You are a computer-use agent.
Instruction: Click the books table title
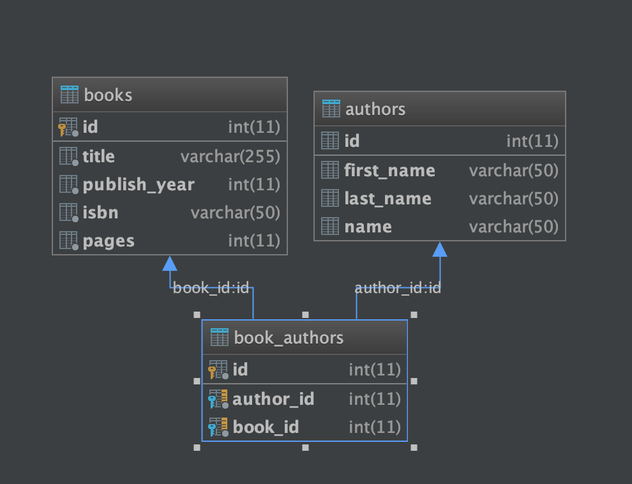pos(108,95)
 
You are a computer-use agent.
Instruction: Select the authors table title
pos(375,109)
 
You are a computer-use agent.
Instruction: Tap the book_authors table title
pos(289,338)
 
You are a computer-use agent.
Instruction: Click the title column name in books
pos(99,156)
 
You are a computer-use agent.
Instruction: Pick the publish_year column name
pos(139,185)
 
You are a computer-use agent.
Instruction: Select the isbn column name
pos(100,213)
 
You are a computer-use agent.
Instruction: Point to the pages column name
pos(109,241)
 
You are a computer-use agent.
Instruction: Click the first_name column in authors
pos(390,171)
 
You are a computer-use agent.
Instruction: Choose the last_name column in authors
pos(387,199)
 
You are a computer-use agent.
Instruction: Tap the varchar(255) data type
pos(230,157)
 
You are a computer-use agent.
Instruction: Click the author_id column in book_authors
pos(273,399)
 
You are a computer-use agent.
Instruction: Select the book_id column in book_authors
pos(266,427)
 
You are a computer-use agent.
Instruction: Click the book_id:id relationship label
pos(211,288)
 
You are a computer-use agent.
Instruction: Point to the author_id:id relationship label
pos(398,288)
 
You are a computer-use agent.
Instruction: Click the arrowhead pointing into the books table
pos(170,264)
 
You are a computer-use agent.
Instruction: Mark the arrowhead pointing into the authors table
pos(440,250)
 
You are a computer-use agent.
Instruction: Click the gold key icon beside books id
pos(62,130)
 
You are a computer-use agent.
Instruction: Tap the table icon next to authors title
pos(331,109)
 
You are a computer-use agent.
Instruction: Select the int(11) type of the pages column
pos(254,241)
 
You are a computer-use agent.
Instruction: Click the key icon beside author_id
pos(212,402)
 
